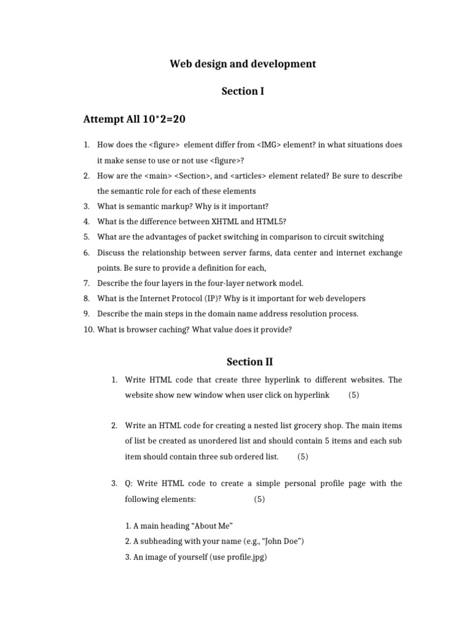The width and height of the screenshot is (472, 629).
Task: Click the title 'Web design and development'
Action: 243,64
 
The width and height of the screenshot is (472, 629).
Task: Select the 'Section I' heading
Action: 243,91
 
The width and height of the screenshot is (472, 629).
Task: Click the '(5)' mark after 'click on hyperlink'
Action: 353,395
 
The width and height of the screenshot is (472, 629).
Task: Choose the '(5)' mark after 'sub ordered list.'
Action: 302,456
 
